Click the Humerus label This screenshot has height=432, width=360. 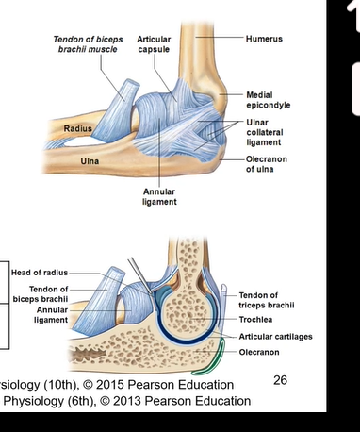tap(264, 39)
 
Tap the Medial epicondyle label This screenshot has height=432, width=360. tap(266, 100)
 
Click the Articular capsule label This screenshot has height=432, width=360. tap(154, 44)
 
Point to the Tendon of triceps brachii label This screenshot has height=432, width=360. tap(267, 300)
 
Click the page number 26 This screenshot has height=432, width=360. tap(280, 379)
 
